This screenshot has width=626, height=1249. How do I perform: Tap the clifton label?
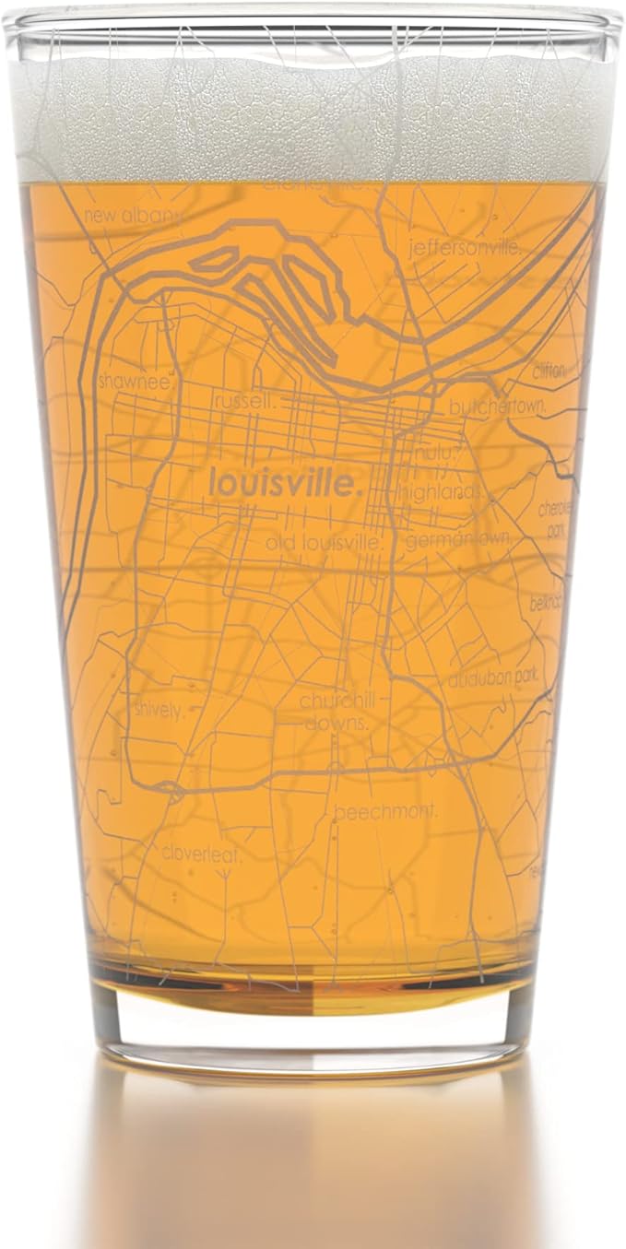549,371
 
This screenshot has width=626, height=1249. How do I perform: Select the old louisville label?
324,542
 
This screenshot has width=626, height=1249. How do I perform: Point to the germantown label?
451,540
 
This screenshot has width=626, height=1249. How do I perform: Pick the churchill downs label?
335,712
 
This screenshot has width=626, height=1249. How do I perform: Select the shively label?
159,710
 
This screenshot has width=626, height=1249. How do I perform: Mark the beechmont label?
385,813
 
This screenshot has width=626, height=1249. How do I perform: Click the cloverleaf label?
201,854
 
